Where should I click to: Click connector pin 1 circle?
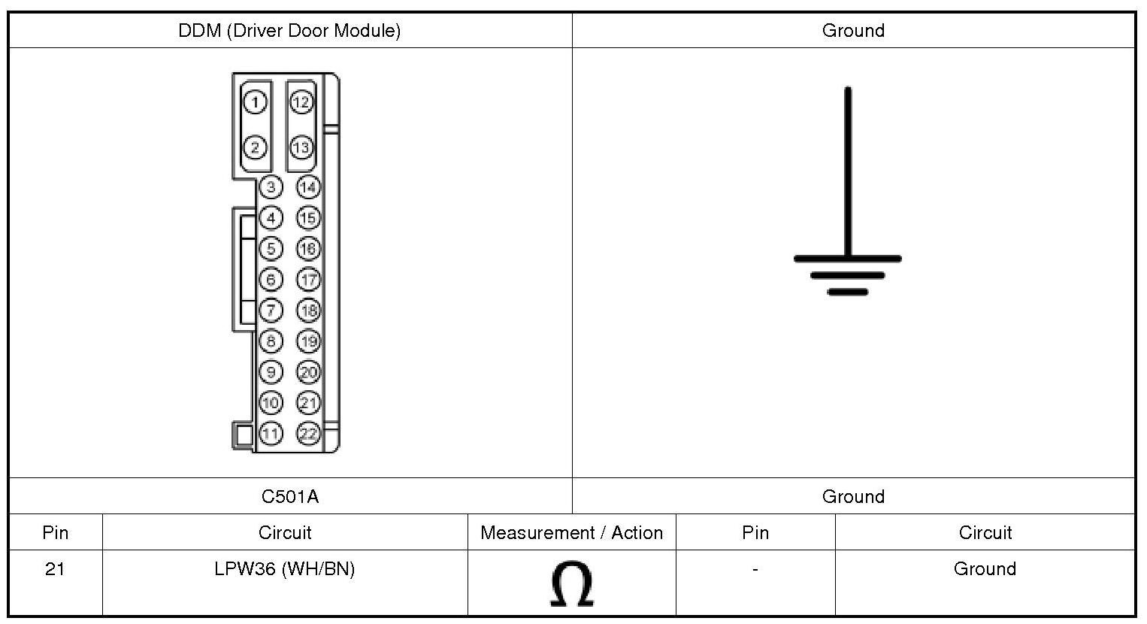pos(256,101)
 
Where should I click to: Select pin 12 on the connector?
pos(301,101)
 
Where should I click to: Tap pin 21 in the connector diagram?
pos(308,402)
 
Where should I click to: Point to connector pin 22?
pos(308,433)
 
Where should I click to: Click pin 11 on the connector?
pos(271,433)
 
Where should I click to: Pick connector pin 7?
pos(271,310)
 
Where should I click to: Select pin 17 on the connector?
pos(308,279)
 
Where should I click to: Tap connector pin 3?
pos(271,186)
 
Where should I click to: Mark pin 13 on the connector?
pos(301,147)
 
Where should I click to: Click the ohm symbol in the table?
pos(572,584)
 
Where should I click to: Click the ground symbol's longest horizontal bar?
pos(848,259)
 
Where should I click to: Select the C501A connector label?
pos(290,496)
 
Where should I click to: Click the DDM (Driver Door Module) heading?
pos(289,31)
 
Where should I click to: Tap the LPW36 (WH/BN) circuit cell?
pos(284,569)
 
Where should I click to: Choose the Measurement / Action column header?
pos(571,533)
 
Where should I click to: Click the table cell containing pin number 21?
pos(55,569)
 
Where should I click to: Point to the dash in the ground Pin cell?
pos(755,569)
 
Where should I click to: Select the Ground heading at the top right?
pos(853,31)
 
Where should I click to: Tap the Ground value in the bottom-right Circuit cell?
pos(985,569)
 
